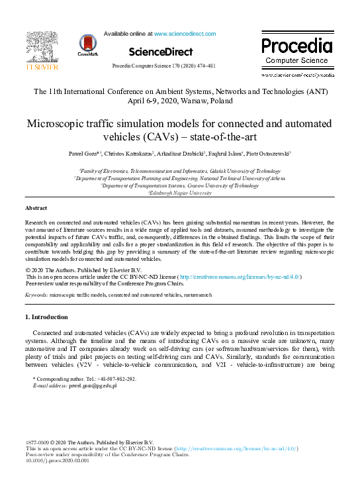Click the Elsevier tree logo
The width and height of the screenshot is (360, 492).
(42, 46)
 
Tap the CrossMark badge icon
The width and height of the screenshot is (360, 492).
(88, 45)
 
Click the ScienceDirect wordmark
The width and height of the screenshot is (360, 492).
(161, 52)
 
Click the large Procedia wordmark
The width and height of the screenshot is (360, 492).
(296, 46)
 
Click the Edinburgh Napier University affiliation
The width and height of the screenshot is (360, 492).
(181, 193)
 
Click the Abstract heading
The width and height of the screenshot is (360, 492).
(36, 208)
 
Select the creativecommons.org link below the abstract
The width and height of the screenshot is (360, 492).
(240, 276)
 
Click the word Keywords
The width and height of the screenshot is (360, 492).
(36, 293)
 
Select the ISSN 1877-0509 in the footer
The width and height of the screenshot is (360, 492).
(38, 442)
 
